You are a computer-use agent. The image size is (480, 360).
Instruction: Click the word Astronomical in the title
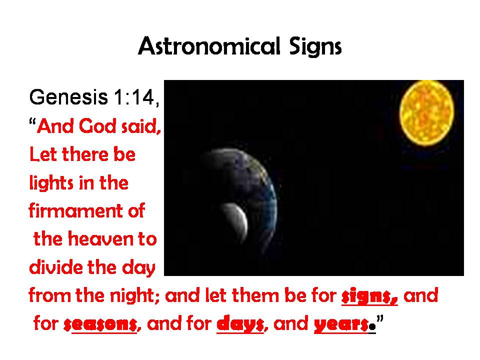click(209, 46)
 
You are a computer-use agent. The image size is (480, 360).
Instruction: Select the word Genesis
click(68, 97)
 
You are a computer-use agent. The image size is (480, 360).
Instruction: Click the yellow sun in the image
click(426, 112)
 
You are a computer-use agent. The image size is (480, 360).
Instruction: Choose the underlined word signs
click(369, 296)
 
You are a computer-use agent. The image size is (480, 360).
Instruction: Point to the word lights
click(51, 183)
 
